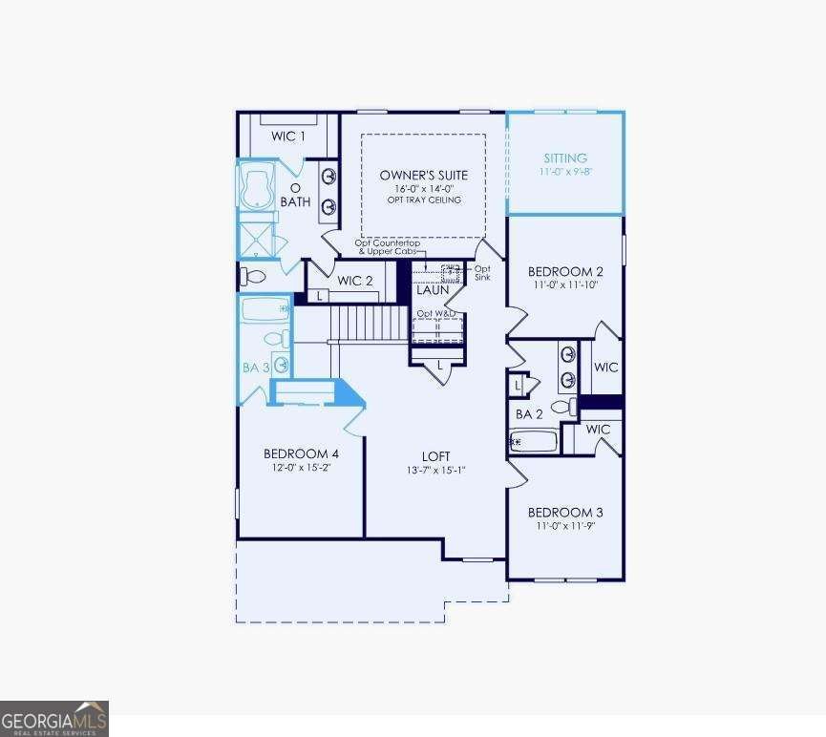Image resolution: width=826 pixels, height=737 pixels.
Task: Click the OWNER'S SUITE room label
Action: pyautogui.click(x=423, y=175)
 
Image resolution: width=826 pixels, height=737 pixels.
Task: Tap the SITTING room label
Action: pyautogui.click(x=565, y=158)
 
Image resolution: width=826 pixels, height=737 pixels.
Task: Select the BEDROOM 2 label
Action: pyautogui.click(x=565, y=271)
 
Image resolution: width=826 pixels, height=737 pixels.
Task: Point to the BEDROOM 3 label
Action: pyautogui.click(x=565, y=512)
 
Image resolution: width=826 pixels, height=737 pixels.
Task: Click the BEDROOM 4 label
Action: pyautogui.click(x=301, y=453)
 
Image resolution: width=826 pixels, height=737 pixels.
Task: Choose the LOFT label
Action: pyautogui.click(x=436, y=456)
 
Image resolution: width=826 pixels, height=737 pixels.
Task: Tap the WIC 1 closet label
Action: pyautogui.click(x=288, y=137)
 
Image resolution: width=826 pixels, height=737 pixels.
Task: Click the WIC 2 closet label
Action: pyautogui.click(x=355, y=281)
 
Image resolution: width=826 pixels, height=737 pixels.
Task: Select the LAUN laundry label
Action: pyautogui.click(x=433, y=290)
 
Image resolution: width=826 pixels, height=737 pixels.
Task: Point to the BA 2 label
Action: pyautogui.click(x=529, y=414)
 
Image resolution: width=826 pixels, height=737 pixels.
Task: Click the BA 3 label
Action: pyautogui.click(x=255, y=367)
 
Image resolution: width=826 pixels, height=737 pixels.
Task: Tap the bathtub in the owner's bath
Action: pyautogui.click(x=257, y=187)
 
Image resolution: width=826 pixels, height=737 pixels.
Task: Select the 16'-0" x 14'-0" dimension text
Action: pyautogui.click(x=423, y=188)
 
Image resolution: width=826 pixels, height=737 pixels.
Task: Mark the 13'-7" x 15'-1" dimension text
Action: pyautogui.click(x=436, y=470)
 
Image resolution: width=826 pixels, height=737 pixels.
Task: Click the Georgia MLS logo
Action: pyautogui.click(x=54, y=718)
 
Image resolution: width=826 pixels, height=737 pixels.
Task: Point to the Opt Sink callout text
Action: pyautogui.click(x=482, y=273)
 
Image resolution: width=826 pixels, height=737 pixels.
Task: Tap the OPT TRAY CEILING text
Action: pyautogui.click(x=423, y=200)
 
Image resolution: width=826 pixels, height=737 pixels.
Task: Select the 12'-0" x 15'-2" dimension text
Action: pyautogui.click(x=301, y=467)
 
